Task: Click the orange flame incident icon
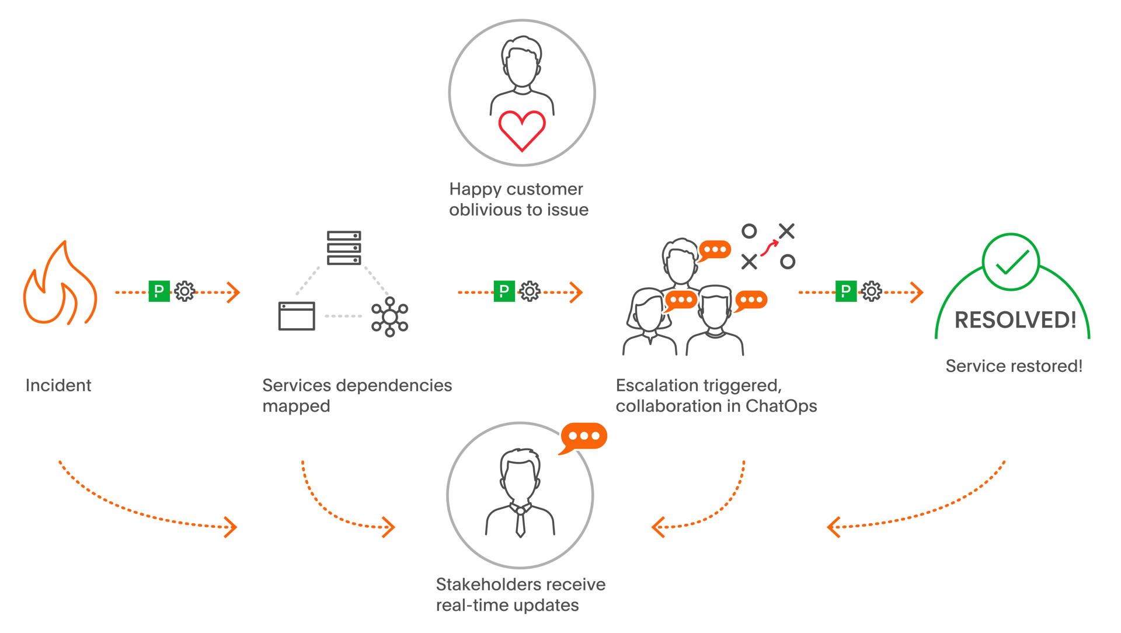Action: pyautogui.click(x=60, y=286)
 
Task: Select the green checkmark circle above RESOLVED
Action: pyautogui.click(x=1011, y=263)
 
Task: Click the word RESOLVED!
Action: pyautogui.click(x=1015, y=320)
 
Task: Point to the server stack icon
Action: pyautogui.click(x=344, y=248)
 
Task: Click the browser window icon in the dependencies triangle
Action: pyautogui.click(x=297, y=316)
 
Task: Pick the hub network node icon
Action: pyautogui.click(x=389, y=317)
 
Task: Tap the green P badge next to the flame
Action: pyautogui.click(x=159, y=291)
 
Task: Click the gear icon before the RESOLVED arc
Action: pyautogui.click(x=871, y=291)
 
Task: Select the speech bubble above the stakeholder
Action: pyautogui.click(x=584, y=436)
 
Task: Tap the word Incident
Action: pyautogui.click(x=58, y=385)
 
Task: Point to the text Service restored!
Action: pyautogui.click(x=1014, y=366)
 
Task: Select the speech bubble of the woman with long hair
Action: pyautogui.click(x=681, y=300)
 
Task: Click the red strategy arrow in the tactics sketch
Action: pyautogui.click(x=770, y=247)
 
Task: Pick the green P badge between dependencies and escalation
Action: pyautogui.click(x=504, y=291)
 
